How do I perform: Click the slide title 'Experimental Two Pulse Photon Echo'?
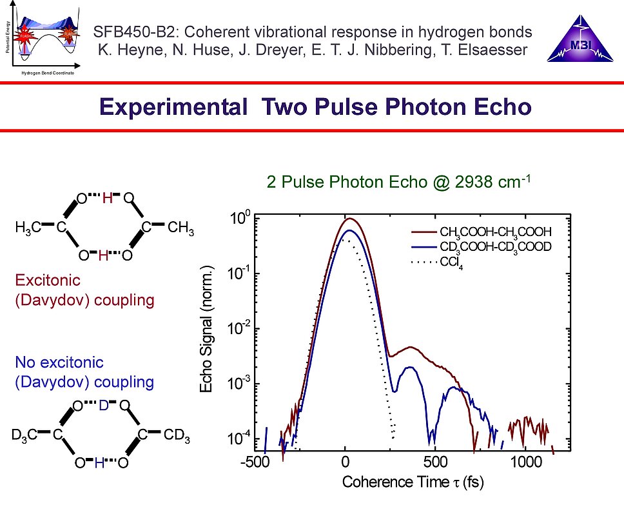coord(315,106)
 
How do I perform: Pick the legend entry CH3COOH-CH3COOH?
coord(496,232)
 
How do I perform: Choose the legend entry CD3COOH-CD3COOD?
coord(496,247)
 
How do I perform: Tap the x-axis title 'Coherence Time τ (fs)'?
coord(413,482)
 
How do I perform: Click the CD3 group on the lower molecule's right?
coord(177,437)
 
